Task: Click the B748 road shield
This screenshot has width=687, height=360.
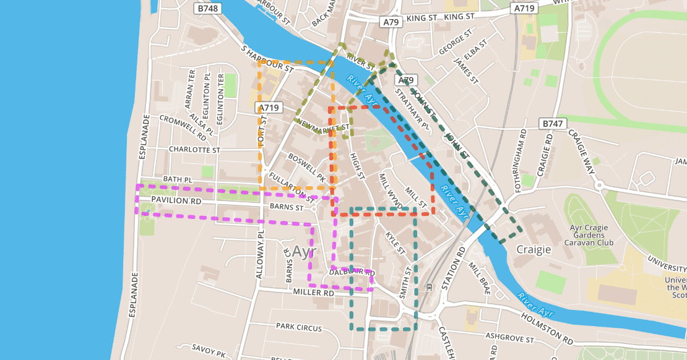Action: click(x=206, y=9)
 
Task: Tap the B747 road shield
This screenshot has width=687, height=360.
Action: click(x=553, y=124)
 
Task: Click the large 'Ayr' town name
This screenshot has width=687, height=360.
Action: click(x=304, y=252)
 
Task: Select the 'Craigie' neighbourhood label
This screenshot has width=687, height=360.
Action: click(x=533, y=249)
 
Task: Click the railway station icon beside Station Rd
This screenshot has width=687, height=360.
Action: click(x=430, y=286)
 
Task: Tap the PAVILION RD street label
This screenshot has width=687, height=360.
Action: click(x=176, y=202)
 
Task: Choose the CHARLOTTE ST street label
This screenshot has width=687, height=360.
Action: click(x=194, y=150)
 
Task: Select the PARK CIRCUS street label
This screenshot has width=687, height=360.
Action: click(x=296, y=325)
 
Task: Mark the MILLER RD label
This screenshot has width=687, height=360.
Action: click(x=313, y=292)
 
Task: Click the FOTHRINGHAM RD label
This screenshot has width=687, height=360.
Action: click(x=523, y=152)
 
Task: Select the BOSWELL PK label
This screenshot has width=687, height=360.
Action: click(x=306, y=166)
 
